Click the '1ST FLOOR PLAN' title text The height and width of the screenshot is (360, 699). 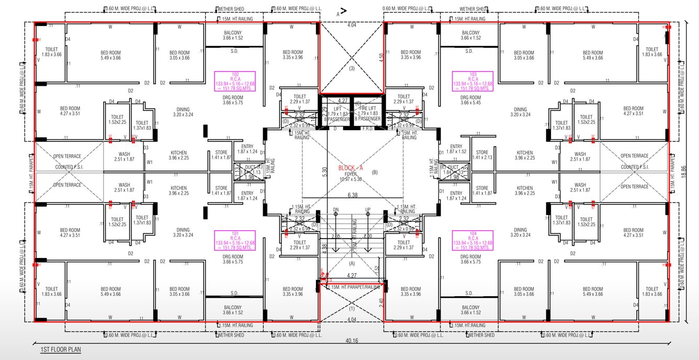coord(61,349)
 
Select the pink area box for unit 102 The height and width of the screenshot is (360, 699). coord(235,81)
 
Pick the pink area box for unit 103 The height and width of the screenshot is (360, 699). coord(472,81)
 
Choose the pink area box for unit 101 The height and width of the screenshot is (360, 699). coord(235,240)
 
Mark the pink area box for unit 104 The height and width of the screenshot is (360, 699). coord(472,240)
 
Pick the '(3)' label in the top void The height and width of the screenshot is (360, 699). coord(352,69)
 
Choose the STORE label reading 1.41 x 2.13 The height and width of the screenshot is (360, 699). coord(482,155)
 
